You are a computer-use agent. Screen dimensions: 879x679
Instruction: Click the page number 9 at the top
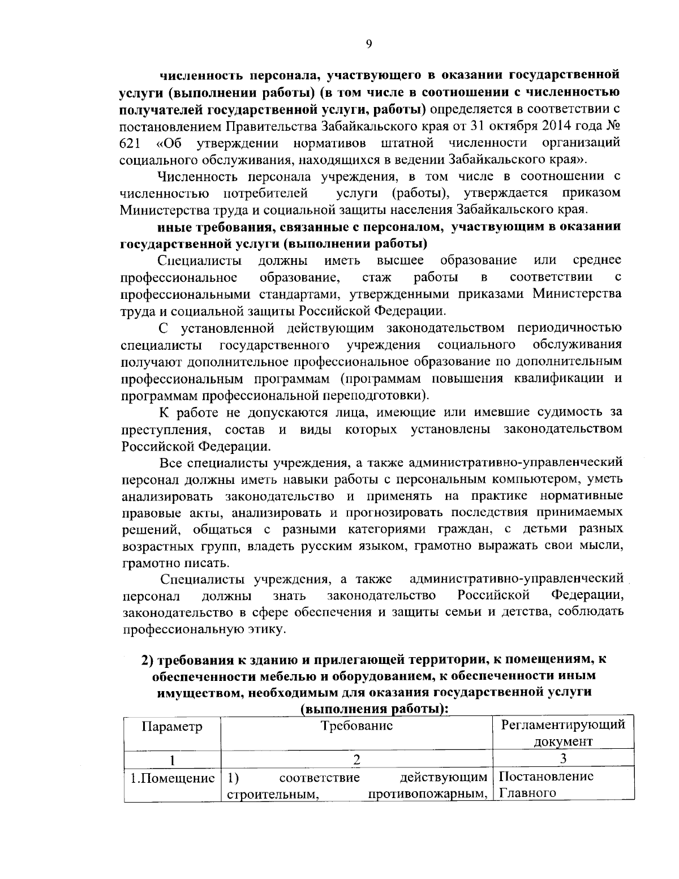(368, 45)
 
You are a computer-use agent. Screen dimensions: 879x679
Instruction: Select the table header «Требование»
(356, 726)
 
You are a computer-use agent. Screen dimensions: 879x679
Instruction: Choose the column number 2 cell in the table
(356, 760)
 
